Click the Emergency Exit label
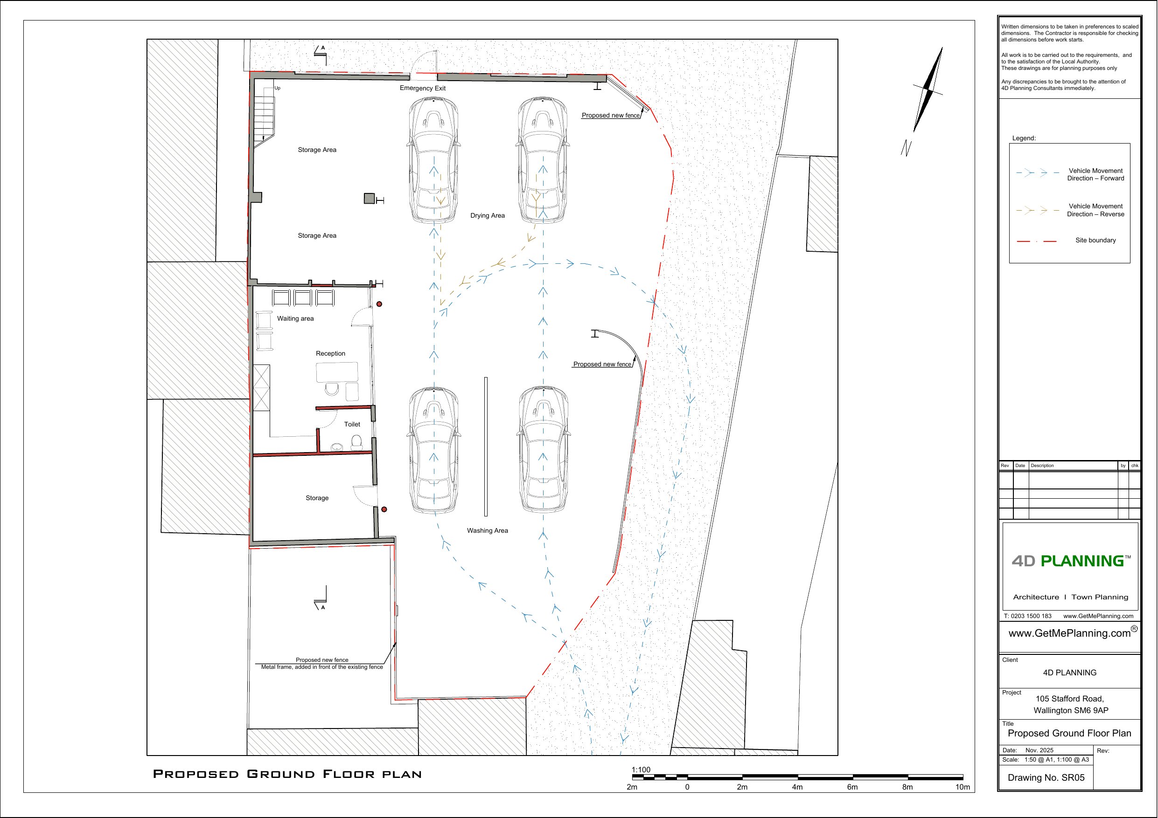pos(422,88)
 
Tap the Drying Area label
pos(487,216)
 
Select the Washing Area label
pos(487,531)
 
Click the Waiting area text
pos(295,318)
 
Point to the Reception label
pos(330,354)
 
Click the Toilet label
pos(352,424)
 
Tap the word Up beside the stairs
pos(278,88)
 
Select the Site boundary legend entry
pos(1095,241)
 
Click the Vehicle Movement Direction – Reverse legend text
pos(1095,210)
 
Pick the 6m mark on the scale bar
pos(852,787)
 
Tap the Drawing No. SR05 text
pos(1046,777)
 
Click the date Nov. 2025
pos(1039,750)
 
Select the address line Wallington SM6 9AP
pos(1071,711)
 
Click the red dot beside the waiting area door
pos(379,304)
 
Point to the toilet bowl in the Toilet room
pos(356,442)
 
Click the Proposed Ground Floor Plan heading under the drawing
pos(287,774)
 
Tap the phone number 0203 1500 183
pos(1031,616)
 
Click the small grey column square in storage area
pos(369,199)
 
